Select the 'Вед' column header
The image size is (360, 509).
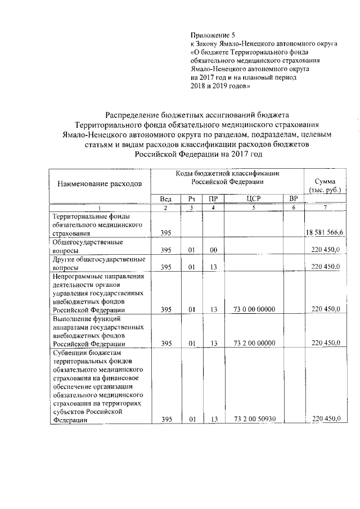165,199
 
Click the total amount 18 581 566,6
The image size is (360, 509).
326,233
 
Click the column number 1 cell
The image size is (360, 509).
99,208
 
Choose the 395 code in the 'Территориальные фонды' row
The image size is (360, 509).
165,233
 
